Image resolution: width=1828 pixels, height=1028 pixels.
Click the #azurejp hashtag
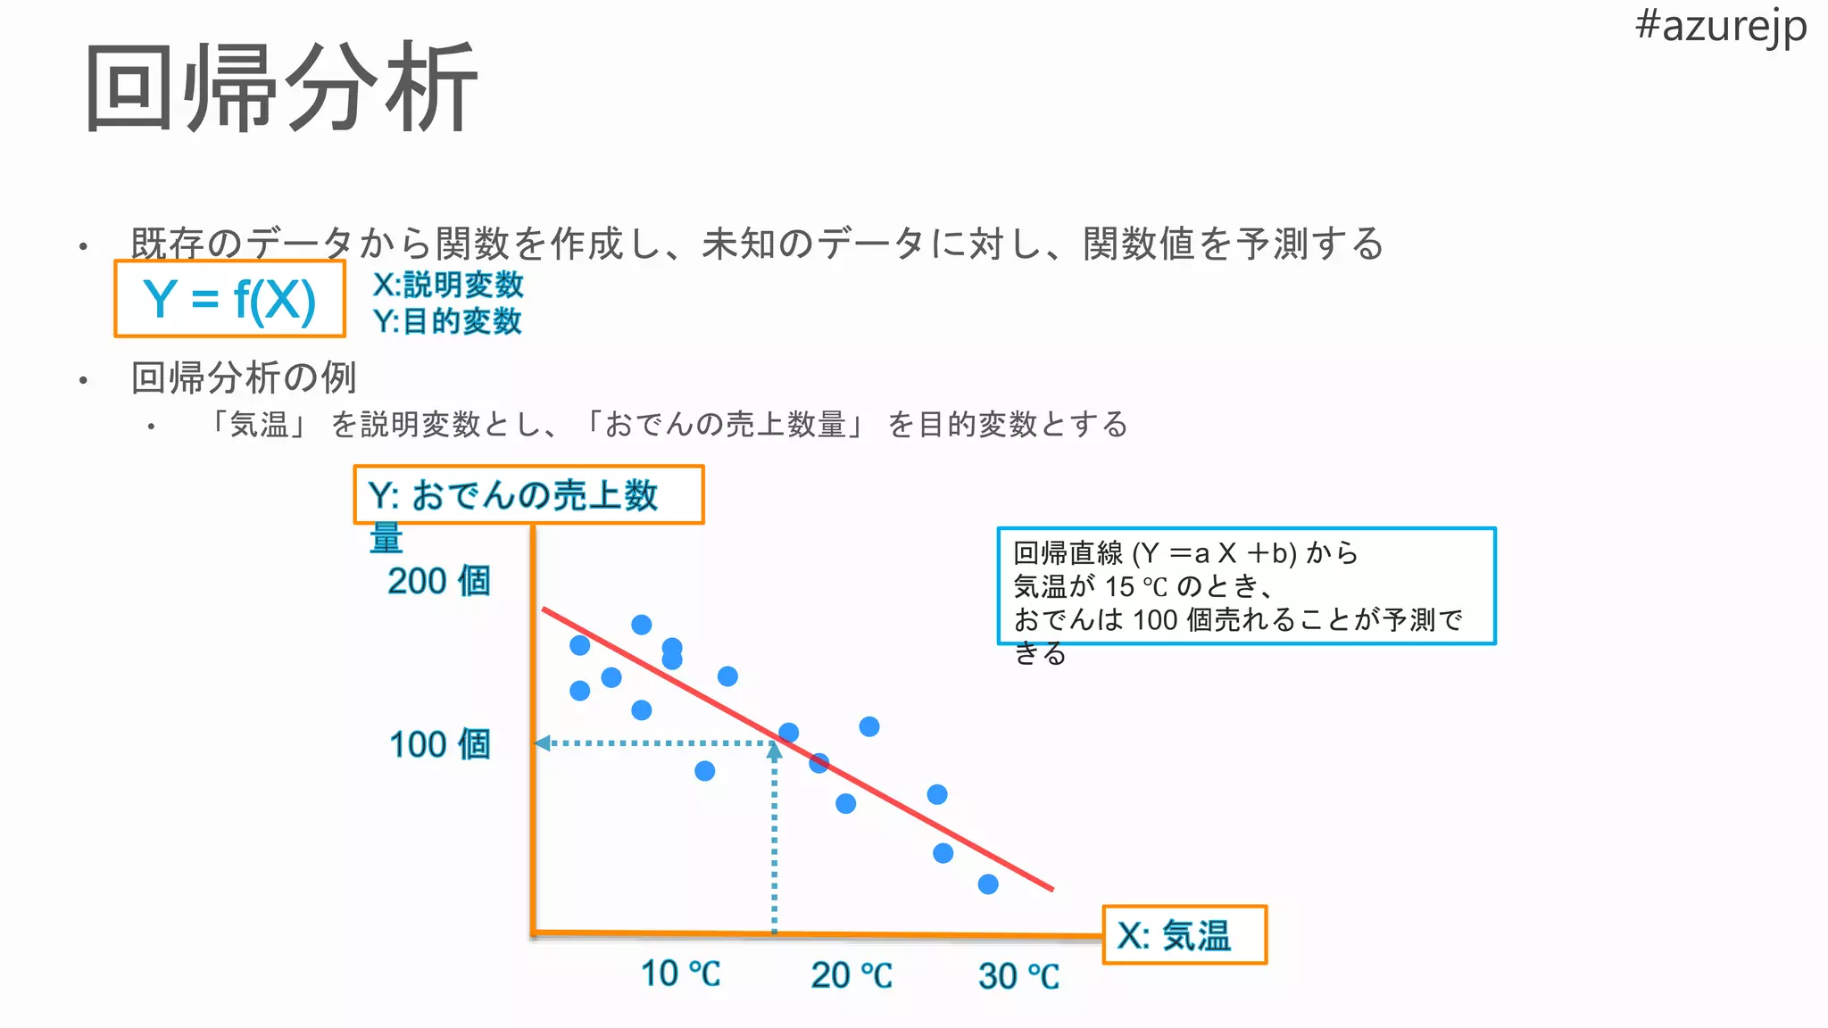(x=1720, y=27)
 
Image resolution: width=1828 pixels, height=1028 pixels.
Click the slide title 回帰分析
(x=281, y=87)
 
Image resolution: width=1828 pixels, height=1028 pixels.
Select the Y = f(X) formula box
(x=229, y=299)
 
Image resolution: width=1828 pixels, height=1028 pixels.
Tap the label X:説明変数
(x=448, y=285)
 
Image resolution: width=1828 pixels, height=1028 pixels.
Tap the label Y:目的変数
(x=447, y=321)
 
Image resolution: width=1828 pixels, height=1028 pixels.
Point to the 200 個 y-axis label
(x=439, y=581)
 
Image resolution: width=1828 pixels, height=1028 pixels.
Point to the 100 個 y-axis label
(x=439, y=744)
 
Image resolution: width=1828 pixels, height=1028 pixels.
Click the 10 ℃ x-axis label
(x=680, y=974)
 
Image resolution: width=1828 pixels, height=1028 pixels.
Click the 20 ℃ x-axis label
(x=851, y=975)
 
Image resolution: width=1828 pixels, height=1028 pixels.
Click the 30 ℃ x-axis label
(x=1018, y=976)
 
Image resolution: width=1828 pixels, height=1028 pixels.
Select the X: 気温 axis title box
(x=1184, y=935)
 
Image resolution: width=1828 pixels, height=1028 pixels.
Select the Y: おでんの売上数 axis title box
(x=528, y=494)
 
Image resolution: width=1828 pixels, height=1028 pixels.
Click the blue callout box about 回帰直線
(x=1245, y=586)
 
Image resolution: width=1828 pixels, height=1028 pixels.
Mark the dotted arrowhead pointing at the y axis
(x=541, y=742)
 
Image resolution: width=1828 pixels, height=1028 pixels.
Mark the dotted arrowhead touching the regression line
(x=775, y=751)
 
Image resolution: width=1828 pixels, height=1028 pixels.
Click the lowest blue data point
(x=988, y=884)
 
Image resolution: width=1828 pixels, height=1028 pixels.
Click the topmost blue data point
(x=641, y=625)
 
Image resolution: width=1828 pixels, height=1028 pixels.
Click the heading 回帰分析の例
(x=244, y=377)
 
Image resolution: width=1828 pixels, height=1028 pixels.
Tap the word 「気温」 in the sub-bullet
(x=259, y=424)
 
